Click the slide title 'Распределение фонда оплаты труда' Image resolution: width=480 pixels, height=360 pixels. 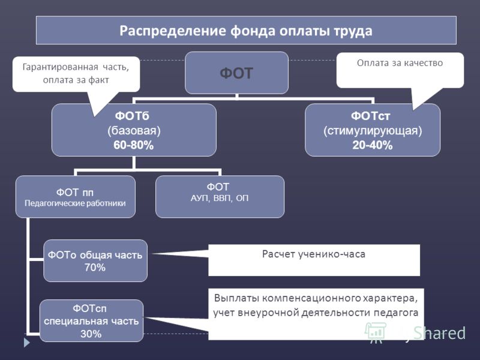pos(246,31)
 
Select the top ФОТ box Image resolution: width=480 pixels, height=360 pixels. pos(236,73)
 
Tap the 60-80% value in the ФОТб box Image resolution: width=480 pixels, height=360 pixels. pos(133,145)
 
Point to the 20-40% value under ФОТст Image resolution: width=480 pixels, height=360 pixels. pos(372,145)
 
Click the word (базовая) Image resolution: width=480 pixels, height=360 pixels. pos(134,131)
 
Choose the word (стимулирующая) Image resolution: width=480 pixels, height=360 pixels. pos(373,131)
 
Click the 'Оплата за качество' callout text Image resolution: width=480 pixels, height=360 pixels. pos(400,63)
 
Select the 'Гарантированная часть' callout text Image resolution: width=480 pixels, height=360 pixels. pos(76,67)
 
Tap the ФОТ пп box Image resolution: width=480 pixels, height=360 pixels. pos(76,197)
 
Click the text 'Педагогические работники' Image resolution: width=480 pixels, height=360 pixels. pos(75,203)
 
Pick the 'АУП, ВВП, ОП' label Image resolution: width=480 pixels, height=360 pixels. pos(220,198)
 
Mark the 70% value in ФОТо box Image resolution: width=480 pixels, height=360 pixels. pos(95,267)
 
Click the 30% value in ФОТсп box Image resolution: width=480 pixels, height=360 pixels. pos(91,334)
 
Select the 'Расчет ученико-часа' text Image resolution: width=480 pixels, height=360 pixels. pos(314,254)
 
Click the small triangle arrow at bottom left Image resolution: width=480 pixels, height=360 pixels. pos(27,342)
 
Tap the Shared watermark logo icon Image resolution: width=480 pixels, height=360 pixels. pos(374,332)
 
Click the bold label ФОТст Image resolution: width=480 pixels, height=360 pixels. pos(370,116)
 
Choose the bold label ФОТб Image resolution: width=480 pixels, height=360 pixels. pos(132,116)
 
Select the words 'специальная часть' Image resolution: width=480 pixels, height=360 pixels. pos(91,321)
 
